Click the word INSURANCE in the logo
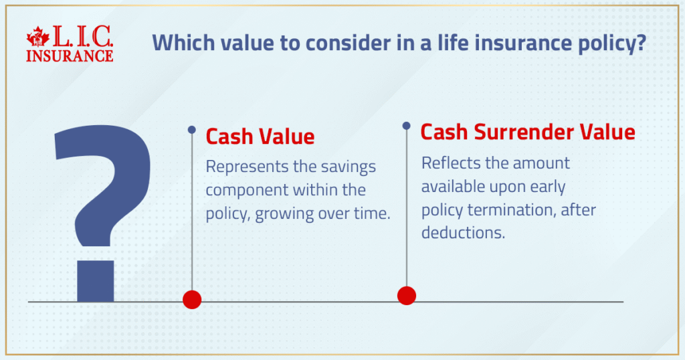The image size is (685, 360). [70, 56]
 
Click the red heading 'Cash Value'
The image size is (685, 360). [260, 137]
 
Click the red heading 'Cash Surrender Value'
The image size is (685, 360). [527, 132]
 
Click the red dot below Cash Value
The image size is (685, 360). [192, 299]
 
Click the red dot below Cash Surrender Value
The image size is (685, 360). [406, 295]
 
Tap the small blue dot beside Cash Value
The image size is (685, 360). [192, 129]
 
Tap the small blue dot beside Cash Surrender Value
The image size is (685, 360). [406, 125]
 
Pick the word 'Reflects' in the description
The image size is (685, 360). [448, 163]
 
